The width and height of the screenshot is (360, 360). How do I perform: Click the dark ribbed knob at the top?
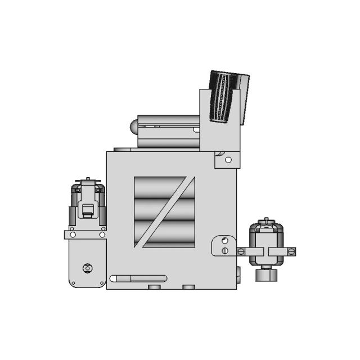[226, 96]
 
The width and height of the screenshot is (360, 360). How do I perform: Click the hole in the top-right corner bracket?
[228, 160]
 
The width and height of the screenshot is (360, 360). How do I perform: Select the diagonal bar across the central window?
[165, 212]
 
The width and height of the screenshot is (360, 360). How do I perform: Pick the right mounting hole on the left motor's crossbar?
[102, 235]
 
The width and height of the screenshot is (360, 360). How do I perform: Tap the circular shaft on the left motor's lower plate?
[87, 268]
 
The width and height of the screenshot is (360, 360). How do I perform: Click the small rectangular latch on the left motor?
[87, 211]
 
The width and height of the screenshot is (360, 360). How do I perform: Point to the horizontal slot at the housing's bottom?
[138, 278]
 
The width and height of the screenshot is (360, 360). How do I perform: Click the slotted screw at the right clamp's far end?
[291, 251]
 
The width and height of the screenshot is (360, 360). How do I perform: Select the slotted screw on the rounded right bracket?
[225, 250]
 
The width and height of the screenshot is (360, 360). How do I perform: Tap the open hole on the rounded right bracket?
[224, 241]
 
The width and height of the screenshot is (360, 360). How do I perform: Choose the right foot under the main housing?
[189, 287]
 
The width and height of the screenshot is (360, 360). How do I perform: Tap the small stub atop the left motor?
[87, 181]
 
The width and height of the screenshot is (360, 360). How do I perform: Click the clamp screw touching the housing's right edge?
[241, 251]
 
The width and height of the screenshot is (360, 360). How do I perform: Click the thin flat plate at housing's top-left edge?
[122, 150]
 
